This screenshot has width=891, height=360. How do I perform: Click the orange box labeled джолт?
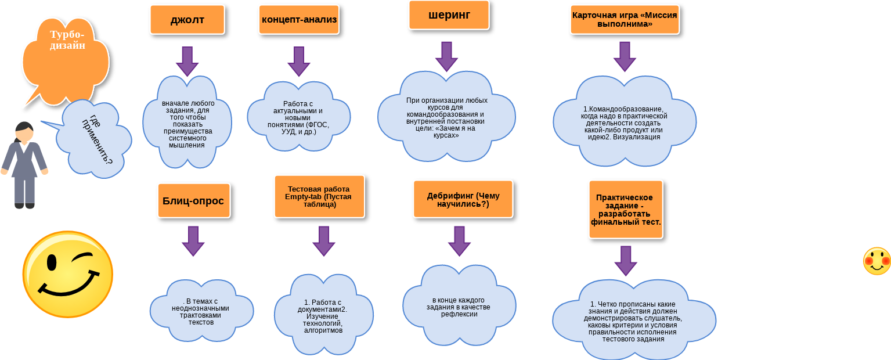[187, 20]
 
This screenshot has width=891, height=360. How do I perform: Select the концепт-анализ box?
[299, 20]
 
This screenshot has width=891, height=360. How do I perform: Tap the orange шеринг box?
[449, 15]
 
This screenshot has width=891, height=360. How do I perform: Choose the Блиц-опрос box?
[193, 200]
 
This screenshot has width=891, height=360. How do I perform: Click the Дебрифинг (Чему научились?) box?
[463, 199]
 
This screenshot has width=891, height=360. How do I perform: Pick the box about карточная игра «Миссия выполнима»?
[624, 20]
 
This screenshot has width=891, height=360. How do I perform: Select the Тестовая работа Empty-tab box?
[319, 196]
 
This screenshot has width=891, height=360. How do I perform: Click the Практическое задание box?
[625, 209]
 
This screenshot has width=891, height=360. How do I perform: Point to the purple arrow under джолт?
[187, 61]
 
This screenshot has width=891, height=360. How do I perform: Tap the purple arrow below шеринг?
[446, 56]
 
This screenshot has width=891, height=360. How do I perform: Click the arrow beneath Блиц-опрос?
[193, 241]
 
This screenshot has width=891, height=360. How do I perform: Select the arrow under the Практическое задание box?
[626, 261]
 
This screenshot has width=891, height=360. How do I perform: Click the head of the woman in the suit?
[24, 132]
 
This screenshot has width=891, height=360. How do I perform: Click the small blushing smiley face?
[876, 261]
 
